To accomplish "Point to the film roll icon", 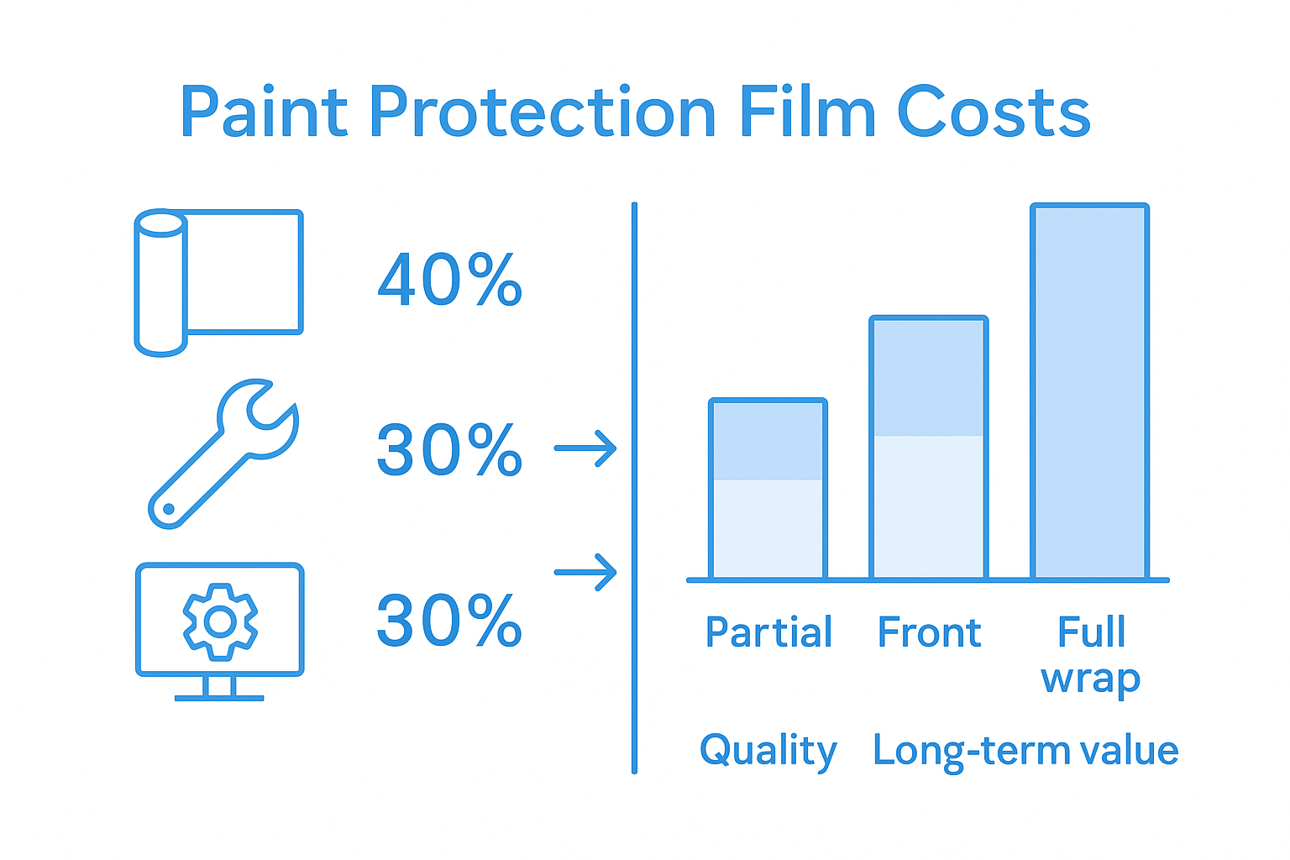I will [218, 281].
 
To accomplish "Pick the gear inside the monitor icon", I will [220, 621].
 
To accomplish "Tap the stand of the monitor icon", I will [219, 688].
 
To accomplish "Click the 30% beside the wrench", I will [449, 450].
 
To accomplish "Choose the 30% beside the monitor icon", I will [449, 621].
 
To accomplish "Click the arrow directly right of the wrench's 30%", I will [585, 448].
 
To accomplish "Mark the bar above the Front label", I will [929, 448].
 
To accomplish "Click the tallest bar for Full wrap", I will [1089, 391].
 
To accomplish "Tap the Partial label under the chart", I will [768, 632].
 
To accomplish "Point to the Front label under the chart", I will [929, 632].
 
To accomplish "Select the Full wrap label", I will [1090, 654].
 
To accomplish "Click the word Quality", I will [768, 751].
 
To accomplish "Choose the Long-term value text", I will [1025, 751].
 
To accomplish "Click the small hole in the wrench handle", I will [168, 509].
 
